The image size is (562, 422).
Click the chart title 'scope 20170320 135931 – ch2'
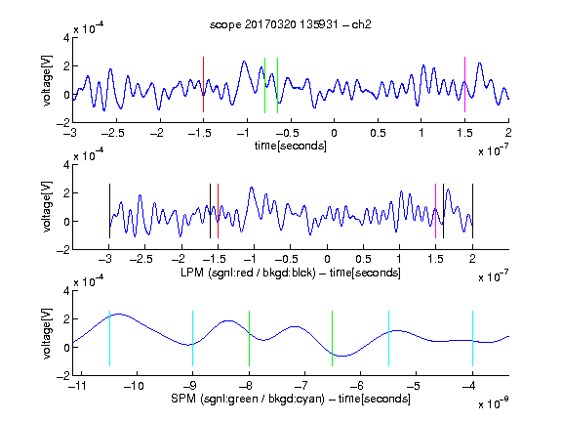[291, 24]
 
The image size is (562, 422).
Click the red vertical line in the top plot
[203, 85]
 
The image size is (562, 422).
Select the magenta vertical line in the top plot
[464, 85]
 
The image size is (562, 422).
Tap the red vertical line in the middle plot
[218, 211]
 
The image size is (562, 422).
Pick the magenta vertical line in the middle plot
[435, 211]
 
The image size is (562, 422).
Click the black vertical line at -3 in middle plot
[109, 211]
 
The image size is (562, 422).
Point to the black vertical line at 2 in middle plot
[472, 211]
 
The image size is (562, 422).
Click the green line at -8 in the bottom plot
[249, 338]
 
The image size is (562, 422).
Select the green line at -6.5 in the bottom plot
[333, 338]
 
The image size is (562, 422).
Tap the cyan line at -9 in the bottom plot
[193, 338]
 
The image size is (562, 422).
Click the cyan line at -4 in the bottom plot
[473, 338]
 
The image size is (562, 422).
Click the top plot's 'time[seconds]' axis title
[291, 146]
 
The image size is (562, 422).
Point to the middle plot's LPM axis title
[291, 273]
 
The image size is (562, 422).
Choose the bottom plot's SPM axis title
[291, 399]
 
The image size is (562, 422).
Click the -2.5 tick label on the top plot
[112, 134]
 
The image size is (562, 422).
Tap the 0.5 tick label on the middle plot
[363, 260]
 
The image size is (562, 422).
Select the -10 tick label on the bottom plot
[134, 386]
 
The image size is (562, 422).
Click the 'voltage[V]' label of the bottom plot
[47, 333]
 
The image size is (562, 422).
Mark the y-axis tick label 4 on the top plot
[66, 38]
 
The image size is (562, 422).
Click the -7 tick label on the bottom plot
[301, 386]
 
